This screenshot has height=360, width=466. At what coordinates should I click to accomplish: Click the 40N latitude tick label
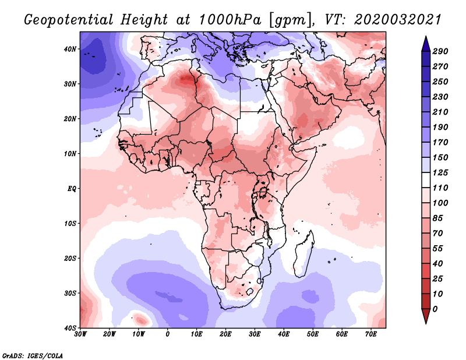point(70,49)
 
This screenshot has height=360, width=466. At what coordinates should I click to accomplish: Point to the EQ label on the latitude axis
point(72,189)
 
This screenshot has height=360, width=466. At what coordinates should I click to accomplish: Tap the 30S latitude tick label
point(70,293)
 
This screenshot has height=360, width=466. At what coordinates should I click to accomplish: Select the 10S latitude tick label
point(70,223)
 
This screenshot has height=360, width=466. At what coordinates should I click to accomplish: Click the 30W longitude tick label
point(80,334)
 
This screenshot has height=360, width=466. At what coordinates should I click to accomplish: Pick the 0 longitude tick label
point(168,334)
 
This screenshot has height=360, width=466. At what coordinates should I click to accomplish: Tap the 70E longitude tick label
point(371,334)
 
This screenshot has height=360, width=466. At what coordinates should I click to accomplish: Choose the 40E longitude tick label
point(284,334)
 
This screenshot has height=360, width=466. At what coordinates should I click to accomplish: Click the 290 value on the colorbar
point(440,51)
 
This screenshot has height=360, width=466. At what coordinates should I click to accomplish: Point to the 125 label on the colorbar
point(440,172)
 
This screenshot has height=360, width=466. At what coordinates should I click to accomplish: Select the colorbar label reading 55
point(437,249)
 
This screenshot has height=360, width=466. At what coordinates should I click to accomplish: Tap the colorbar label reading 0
point(435,309)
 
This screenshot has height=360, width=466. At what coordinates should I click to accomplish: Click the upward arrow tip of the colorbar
point(426,37)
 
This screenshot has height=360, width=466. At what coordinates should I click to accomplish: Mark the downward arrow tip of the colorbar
point(426,323)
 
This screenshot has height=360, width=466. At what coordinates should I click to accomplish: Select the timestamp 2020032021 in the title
point(398,20)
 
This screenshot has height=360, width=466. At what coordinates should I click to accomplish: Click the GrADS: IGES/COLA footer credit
point(33,356)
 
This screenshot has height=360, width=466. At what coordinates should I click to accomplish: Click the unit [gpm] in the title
point(291,20)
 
